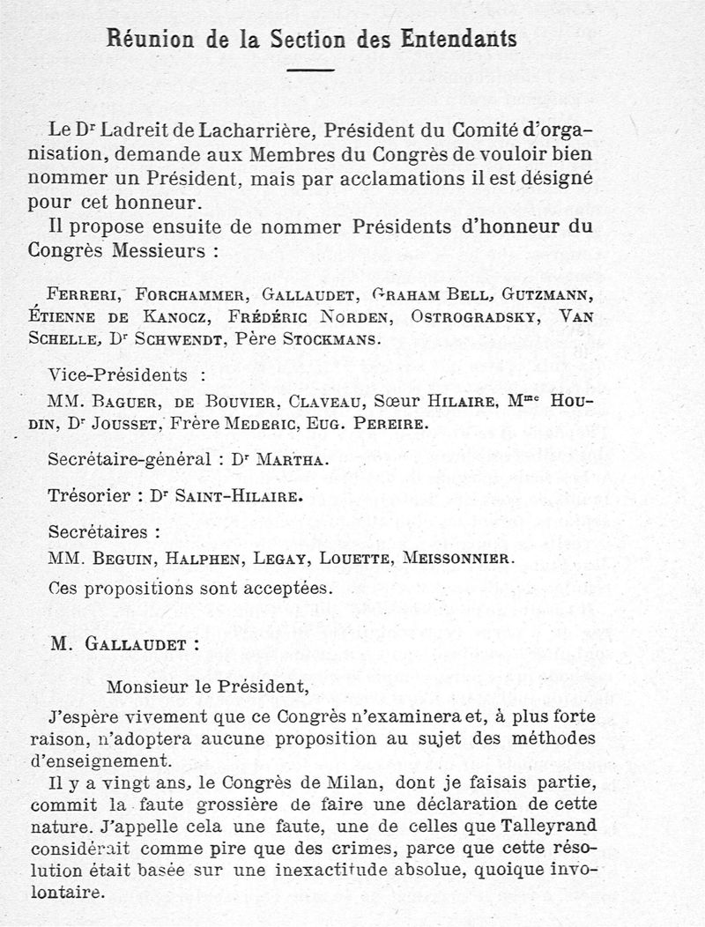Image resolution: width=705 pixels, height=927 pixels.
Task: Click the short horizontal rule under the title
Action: coord(310,70)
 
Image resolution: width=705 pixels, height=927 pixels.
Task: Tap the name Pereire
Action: coord(392,424)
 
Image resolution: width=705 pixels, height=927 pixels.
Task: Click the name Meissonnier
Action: coord(456,557)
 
